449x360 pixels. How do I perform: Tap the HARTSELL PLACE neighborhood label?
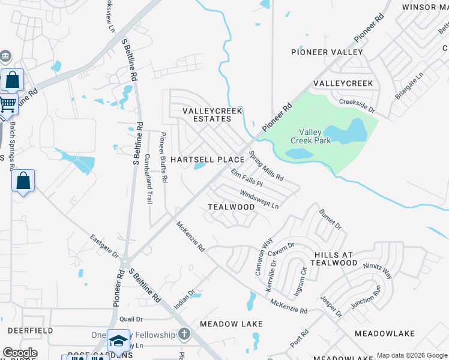pyautogui.click(x=207, y=160)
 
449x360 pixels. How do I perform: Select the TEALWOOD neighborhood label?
pyautogui.click(x=231, y=206)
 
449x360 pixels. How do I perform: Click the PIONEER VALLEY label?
pyautogui.click(x=327, y=52)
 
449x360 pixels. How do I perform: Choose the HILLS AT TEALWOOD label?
pyautogui.click(x=336, y=259)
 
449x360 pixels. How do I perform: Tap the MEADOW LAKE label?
pyautogui.click(x=231, y=324)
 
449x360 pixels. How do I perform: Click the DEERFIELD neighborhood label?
pyautogui.click(x=30, y=331)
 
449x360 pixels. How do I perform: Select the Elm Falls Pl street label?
pyautogui.click(x=247, y=178)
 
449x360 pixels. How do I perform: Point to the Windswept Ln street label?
pyautogui.click(x=259, y=199)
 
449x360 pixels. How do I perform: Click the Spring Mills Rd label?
pyautogui.click(x=266, y=166)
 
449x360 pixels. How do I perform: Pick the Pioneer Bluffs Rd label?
pyautogui.click(x=163, y=158)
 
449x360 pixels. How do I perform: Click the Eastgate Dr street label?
pyautogui.click(x=104, y=245)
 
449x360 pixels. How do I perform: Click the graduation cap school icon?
pyautogui.click(x=118, y=340)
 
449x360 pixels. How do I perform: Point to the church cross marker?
pyautogui.click(x=184, y=334)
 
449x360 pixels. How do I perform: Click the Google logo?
pyautogui.click(x=20, y=353)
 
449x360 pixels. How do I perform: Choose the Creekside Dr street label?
pyautogui.click(x=357, y=106)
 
